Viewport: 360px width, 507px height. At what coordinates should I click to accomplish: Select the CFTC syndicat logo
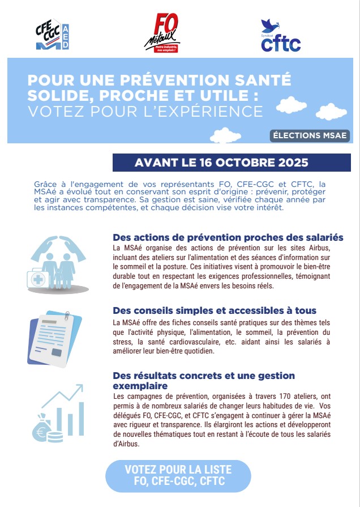tap(280, 36)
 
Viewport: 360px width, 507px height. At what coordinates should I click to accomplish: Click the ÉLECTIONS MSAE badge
tap(310, 136)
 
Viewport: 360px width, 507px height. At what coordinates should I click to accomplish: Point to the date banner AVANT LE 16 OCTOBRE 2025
tap(221, 163)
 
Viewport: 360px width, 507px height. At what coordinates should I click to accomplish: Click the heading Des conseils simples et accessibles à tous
tap(215, 310)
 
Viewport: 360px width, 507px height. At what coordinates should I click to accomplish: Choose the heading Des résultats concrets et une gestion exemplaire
tap(204, 380)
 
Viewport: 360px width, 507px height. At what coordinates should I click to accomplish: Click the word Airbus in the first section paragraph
tap(330, 248)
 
